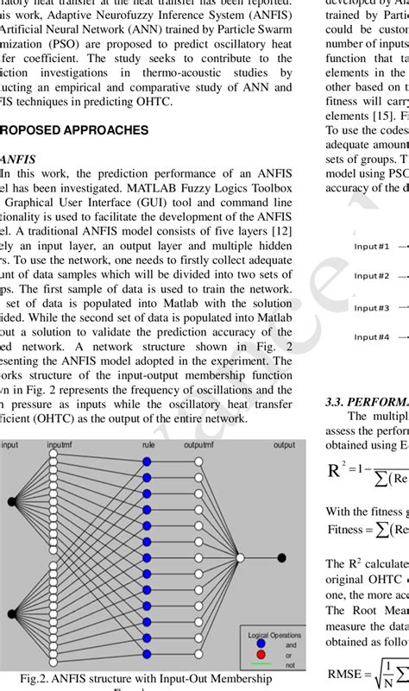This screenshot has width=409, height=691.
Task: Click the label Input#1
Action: [x=372, y=246]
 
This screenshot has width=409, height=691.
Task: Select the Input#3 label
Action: [x=372, y=308]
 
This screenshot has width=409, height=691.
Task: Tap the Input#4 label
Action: [x=372, y=337]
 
